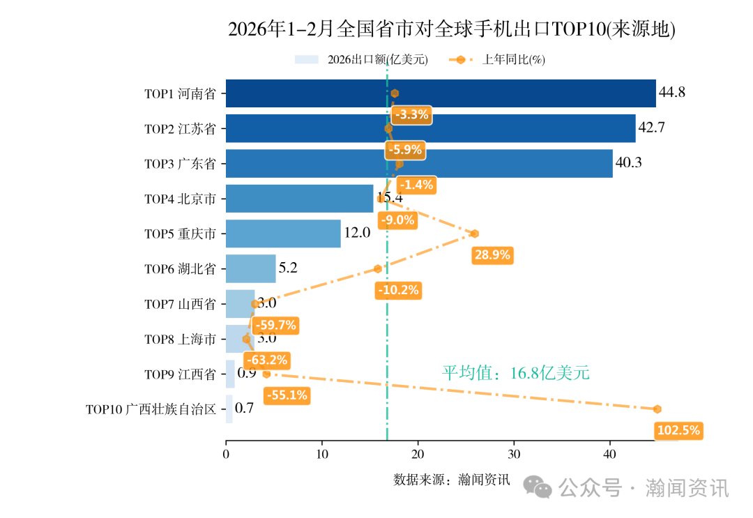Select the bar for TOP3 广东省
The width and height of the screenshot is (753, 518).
419,164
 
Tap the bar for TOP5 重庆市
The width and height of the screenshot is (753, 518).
283,234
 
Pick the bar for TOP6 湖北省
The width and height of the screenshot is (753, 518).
250,268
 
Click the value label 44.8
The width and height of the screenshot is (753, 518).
672,93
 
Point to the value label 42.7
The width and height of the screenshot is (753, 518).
652,128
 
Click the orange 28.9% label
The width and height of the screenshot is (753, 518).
492,255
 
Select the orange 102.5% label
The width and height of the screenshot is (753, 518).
678,431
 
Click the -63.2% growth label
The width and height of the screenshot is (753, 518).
266,360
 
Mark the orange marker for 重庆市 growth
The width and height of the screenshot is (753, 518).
475,234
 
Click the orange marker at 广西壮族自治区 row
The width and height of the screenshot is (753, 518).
657,409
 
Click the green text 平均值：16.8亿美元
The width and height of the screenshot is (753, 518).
516,373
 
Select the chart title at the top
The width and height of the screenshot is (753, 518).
452,29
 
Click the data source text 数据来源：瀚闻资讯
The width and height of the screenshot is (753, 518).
452,480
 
